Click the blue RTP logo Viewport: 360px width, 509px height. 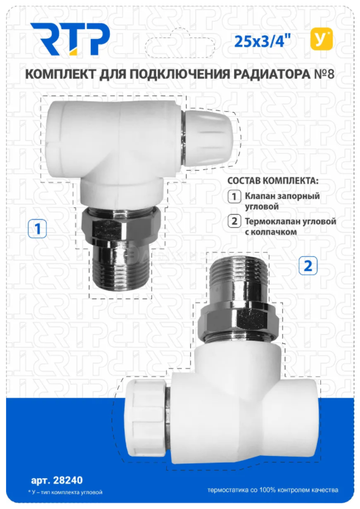click(70, 39)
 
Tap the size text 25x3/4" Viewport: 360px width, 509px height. click(263, 41)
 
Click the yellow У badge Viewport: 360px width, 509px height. click(321, 39)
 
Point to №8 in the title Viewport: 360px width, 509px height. click(324, 74)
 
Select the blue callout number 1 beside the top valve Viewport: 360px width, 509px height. click(38, 229)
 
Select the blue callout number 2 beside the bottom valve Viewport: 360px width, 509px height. click(308, 266)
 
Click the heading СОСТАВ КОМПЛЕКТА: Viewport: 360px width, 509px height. click(272, 181)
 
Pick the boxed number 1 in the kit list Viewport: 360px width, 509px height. click(234, 197)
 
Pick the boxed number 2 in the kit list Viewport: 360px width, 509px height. click(234, 221)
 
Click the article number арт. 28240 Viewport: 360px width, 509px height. click(57, 480)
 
